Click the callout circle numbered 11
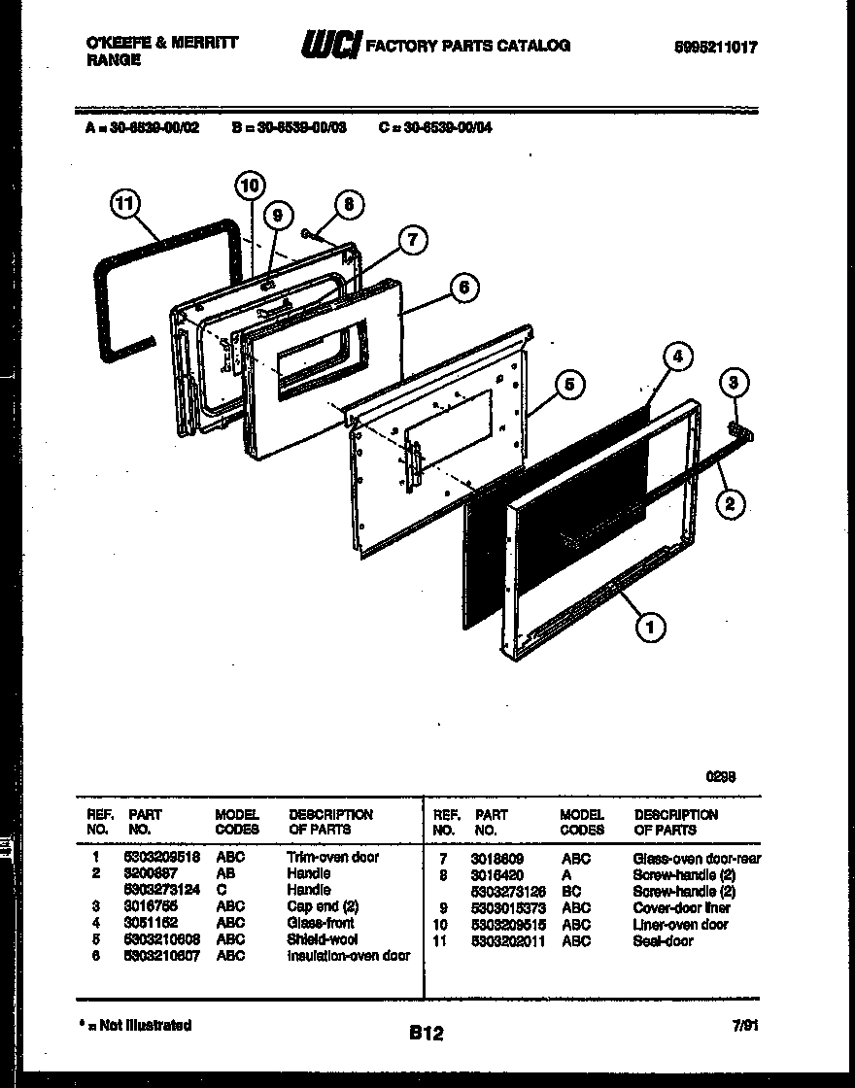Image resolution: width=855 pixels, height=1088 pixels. pyautogui.click(x=123, y=205)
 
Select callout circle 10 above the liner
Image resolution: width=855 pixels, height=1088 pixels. pyautogui.click(x=250, y=185)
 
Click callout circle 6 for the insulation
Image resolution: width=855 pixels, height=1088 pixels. pyautogui.click(x=463, y=287)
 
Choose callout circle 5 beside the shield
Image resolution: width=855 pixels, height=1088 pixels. pyautogui.click(x=569, y=386)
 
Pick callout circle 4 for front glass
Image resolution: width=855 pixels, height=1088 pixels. pyautogui.click(x=677, y=357)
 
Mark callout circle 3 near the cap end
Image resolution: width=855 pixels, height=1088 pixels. pyautogui.click(x=735, y=384)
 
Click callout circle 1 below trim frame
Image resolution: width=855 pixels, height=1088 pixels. pyautogui.click(x=650, y=629)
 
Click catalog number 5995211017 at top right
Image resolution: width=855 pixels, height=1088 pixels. pyautogui.click(x=715, y=46)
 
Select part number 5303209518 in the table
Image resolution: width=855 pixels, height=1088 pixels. pyautogui.click(x=160, y=857)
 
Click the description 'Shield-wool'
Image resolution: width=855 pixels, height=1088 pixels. pyautogui.click(x=322, y=939)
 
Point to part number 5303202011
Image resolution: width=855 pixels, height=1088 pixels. pyautogui.click(x=508, y=940)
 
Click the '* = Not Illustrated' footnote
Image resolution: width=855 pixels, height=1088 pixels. pyautogui.click(x=135, y=1025)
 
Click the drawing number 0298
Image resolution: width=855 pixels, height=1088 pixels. pyautogui.click(x=720, y=776)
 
